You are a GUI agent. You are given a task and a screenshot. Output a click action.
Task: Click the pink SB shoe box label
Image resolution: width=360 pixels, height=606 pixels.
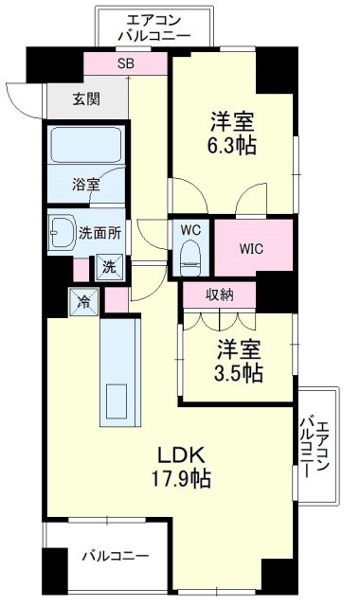(x=126, y=64)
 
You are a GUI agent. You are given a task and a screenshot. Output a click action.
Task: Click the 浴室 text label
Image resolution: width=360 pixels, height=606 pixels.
(x=86, y=185)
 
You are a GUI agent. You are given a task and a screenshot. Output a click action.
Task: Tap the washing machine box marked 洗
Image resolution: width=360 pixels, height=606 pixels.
(x=109, y=267)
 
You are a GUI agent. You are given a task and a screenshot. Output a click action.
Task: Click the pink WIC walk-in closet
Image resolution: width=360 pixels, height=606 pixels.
(x=250, y=249)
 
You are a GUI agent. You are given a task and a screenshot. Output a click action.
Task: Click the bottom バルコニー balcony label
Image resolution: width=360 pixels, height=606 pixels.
(x=114, y=555)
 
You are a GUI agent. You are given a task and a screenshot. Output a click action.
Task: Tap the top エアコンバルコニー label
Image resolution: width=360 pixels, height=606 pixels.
(x=154, y=27)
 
